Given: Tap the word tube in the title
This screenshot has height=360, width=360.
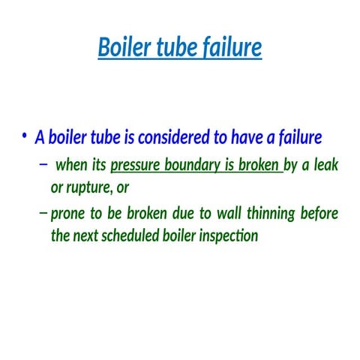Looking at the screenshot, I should pyautogui.click(x=176, y=47).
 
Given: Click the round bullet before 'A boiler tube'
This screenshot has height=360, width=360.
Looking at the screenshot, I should pyautogui.click(x=25, y=136).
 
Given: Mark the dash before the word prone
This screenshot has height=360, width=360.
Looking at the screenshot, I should pyautogui.click(x=42, y=214).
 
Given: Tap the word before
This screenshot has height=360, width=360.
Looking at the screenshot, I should pyautogui.click(x=319, y=214).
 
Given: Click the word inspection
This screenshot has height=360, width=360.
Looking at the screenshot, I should pyautogui.click(x=228, y=235).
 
